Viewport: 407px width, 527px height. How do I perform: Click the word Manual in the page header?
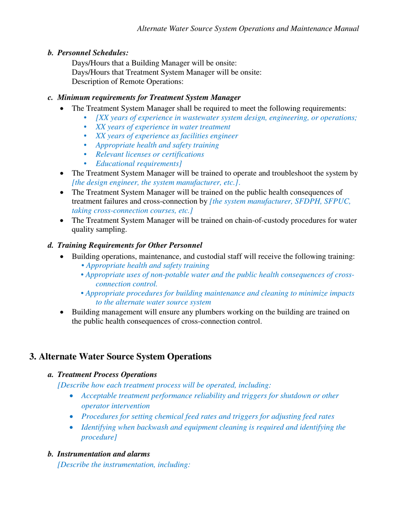click(x=345, y=29)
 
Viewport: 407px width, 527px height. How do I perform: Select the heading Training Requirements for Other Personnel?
click(x=129, y=246)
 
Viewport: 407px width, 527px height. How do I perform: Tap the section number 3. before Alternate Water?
click(x=34, y=356)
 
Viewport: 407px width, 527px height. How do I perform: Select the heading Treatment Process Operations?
click(x=107, y=374)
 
